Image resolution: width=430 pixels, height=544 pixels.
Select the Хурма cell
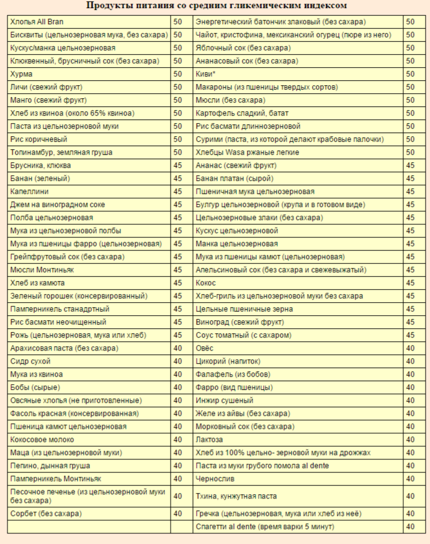pos(22,74)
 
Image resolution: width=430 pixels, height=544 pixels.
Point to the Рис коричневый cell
pos(38,139)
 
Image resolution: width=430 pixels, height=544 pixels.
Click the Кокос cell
pos(205,283)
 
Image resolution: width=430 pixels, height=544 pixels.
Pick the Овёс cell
pos(205,348)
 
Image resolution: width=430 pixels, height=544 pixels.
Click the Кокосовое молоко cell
pos(42,440)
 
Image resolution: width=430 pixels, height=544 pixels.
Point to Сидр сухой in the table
pos(30,361)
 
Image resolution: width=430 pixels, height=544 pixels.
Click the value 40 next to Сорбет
pos(177,514)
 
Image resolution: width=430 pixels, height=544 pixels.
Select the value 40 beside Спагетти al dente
pos(410,527)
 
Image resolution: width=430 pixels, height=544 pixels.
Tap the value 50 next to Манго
pos(177,100)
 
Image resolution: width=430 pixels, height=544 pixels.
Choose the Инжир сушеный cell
pos(225,400)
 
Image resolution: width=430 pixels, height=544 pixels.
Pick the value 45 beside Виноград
pos(410,322)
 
